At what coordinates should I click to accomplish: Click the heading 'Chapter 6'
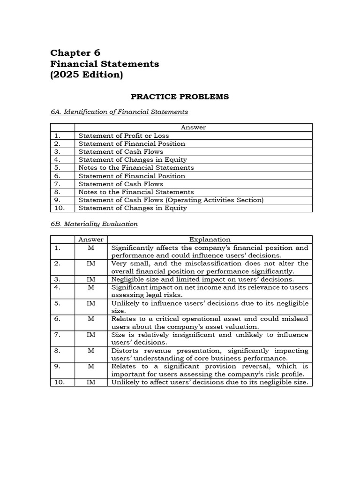click(x=75, y=52)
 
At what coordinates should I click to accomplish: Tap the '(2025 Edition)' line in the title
click(x=87, y=75)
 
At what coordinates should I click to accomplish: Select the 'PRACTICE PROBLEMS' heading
click(x=180, y=97)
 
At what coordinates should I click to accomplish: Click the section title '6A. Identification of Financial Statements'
click(x=119, y=112)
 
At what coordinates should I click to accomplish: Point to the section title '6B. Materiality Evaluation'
click(x=94, y=224)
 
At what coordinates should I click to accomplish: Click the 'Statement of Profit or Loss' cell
click(x=124, y=135)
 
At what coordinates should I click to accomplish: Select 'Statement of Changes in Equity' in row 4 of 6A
click(x=132, y=160)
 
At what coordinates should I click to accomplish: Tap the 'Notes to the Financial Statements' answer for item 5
click(x=136, y=168)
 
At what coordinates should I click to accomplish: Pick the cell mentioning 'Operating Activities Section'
click(x=171, y=200)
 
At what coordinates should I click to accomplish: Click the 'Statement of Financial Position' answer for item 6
click(x=132, y=176)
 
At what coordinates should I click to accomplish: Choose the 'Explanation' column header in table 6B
click(x=210, y=240)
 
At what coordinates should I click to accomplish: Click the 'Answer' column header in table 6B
click(x=91, y=240)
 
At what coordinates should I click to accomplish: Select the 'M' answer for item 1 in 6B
click(x=91, y=247)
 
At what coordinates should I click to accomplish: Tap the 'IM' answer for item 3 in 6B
click(x=91, y=279)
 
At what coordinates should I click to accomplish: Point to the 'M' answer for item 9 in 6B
click(x=91, y=367)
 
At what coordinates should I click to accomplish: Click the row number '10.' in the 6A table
click(x=59, y=208)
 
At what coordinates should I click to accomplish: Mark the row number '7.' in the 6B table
click(x=57, y=335)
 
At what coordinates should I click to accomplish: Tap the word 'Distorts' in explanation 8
click(x=124, y=351)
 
